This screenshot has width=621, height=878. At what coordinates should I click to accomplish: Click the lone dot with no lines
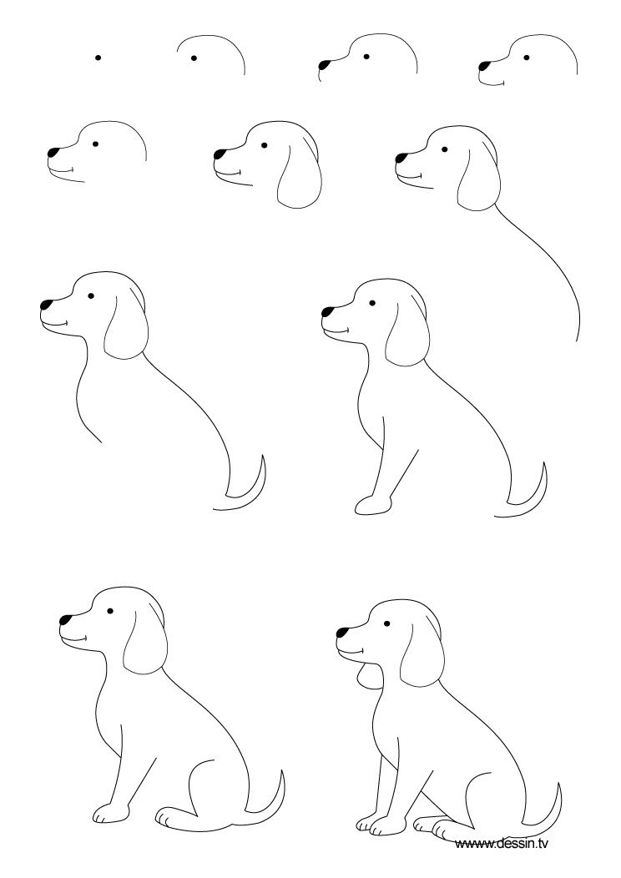[98, 58]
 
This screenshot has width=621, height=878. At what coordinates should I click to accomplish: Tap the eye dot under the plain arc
[194, 58]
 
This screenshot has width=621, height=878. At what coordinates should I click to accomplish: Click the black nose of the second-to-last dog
[65, 620]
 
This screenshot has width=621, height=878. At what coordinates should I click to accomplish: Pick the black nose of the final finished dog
[342, 632]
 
